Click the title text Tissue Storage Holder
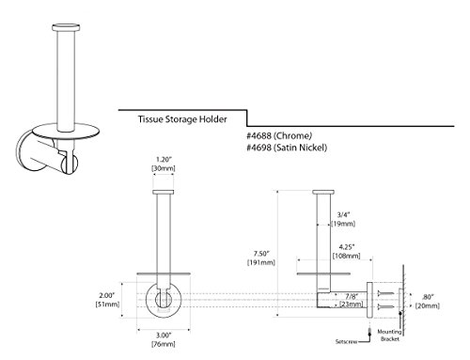tap(182, 119)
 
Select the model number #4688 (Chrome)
tap(279, 136)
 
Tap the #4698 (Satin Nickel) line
tap(287, 148)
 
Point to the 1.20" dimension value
tap(164, 159)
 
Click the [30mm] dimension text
tap(164, 168)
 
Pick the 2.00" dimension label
tap(107, 295)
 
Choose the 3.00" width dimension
tap(164, 336)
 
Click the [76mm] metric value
tap(164, 344)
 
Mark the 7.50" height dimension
tap(261, 253)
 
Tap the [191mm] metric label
tap(261, 262)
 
